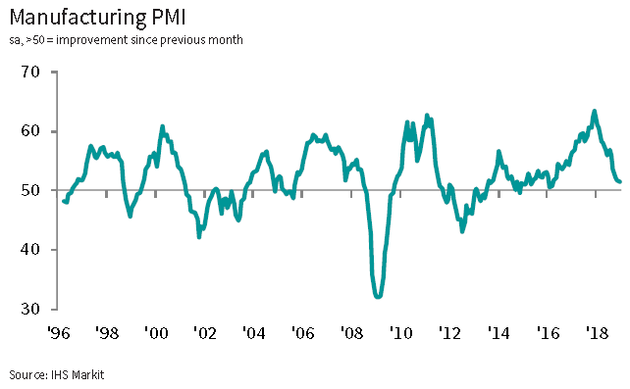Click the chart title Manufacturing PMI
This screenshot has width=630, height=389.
click(97, 18)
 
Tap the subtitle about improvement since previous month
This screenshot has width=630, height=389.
click(127, 40)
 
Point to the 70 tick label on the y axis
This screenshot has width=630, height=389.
click(30, 73)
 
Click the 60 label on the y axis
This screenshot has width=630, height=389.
click(30, 131)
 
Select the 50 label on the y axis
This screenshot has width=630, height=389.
click(30, 190)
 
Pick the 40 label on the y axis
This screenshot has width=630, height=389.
click(30, 250)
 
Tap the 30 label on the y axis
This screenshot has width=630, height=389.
click(30, 309)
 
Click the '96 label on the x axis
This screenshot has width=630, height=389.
click(59, 333)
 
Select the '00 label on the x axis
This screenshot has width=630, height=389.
click(156, 333)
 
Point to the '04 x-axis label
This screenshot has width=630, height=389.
click(253, 333)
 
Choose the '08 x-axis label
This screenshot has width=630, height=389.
click(351, 333)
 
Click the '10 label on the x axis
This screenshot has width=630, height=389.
click(400, 333)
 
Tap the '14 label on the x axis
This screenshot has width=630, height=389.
click(499, 333)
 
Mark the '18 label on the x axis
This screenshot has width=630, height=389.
click(597, 333)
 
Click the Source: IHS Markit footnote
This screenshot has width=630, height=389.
click(57, 375)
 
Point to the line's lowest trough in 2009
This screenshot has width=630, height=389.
click(378, 297)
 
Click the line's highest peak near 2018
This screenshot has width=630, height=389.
click(595, 111)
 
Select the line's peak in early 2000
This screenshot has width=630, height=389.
click(162, 126)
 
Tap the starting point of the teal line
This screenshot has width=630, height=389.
click(64, 201)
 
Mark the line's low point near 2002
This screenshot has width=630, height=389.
click(199, 236)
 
